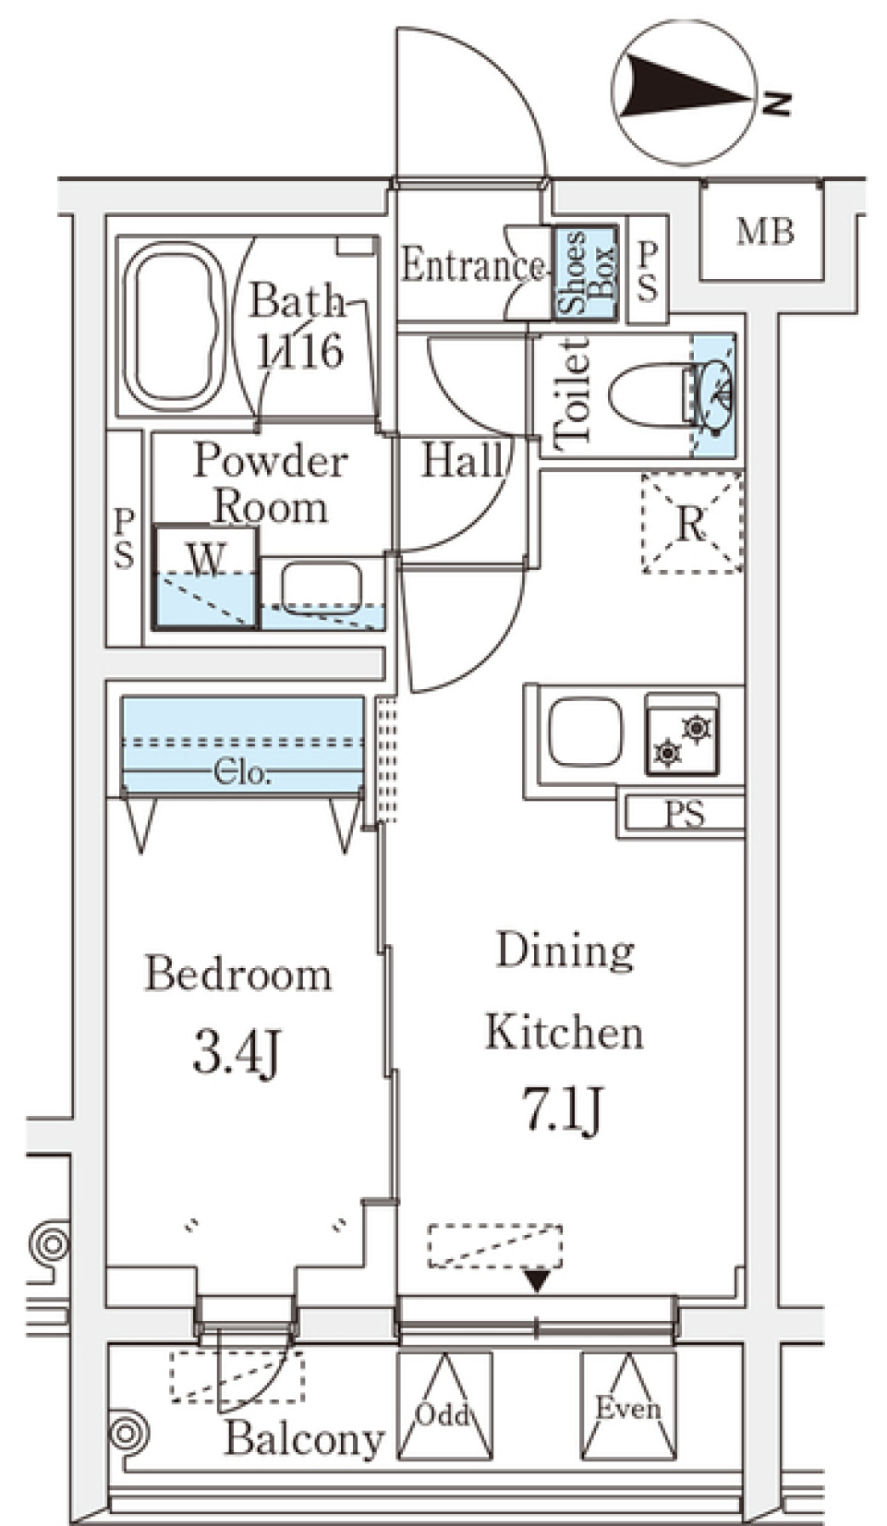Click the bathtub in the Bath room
(x=175, y=326)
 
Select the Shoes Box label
(x=586, y=273)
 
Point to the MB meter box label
(x=765, y=232)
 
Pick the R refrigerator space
(x=691, y=523)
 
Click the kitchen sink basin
(x=586, y=732)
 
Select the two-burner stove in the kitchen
(x=682, y=734)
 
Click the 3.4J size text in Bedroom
(x=237, y=1057)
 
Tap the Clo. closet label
(x=242, y=772)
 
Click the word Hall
(x=463, y=460)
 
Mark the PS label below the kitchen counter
(x=685, y=815)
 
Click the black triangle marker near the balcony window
(x=538, y=1281)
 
